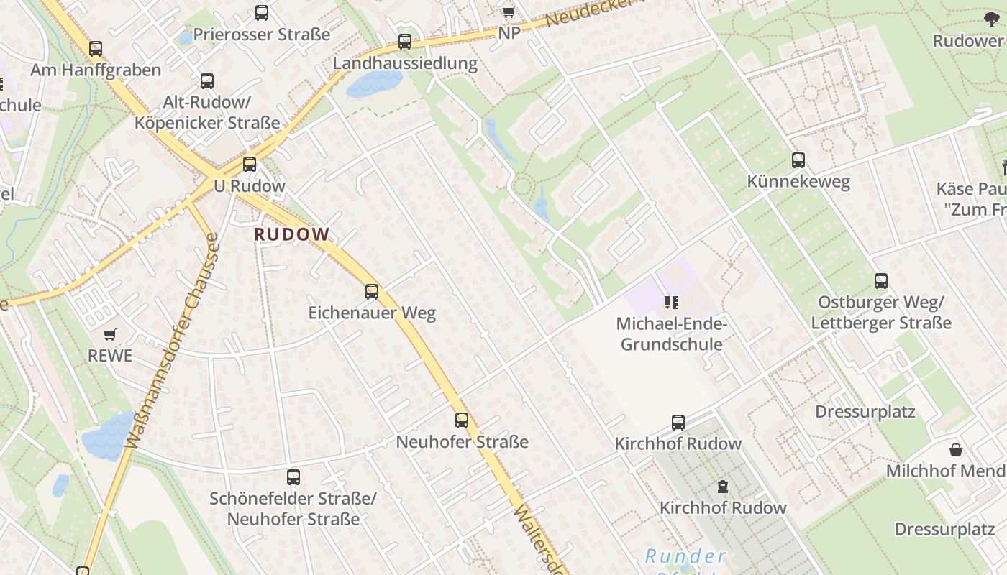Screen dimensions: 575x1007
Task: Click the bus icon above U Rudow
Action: [250, 165]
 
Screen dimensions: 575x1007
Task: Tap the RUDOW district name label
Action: [291, 234]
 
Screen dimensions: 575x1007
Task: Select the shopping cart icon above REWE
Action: [110, 334]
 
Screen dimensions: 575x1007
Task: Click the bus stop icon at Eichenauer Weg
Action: [372, 292]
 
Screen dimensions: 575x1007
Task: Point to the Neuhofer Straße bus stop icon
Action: [462, 420]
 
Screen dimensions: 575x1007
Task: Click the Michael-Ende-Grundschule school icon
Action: [672, 303]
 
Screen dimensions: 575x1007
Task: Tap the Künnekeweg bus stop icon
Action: [798, 160]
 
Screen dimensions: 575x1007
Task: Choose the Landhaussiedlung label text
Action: [405, 63]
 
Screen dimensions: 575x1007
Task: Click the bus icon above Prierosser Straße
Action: [262, 13]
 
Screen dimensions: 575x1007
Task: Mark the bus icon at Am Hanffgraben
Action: [96, 49]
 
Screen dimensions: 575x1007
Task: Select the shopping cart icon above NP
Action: [509, 12]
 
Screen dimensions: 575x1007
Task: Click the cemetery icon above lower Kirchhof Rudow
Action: [723, 487]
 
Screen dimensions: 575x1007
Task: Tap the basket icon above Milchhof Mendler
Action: [956, 450]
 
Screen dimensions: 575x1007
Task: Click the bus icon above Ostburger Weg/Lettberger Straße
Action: [881, 281]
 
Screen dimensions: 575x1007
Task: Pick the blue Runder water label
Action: [685, 556]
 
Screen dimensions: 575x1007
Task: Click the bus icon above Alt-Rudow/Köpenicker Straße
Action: [207, 81]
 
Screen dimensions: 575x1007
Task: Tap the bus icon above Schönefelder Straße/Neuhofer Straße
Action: [293, 477]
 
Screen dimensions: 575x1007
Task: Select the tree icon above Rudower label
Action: [992, 19]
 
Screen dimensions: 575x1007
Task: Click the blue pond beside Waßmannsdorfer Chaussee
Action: [107, 436]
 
